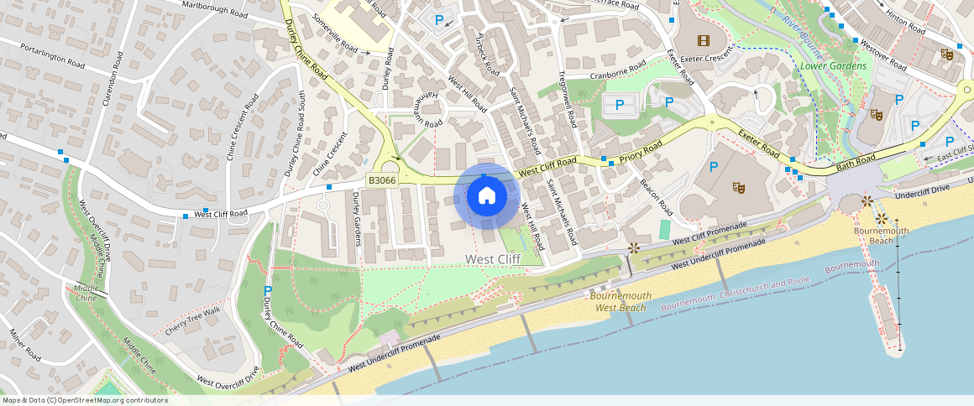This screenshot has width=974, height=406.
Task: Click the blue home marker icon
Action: click(486, 196)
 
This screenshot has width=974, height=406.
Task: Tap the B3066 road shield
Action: click(382, 180)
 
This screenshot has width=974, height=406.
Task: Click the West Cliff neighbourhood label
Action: click(493, 259)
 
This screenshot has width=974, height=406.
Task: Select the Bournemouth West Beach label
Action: click(621, 302)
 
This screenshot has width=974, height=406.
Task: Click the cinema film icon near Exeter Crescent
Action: click(703, 39)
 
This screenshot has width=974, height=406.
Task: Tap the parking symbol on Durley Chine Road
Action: click(268, 291)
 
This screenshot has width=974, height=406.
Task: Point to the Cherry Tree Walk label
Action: click(192, 322)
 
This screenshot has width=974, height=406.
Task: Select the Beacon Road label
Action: click(656, 194)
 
